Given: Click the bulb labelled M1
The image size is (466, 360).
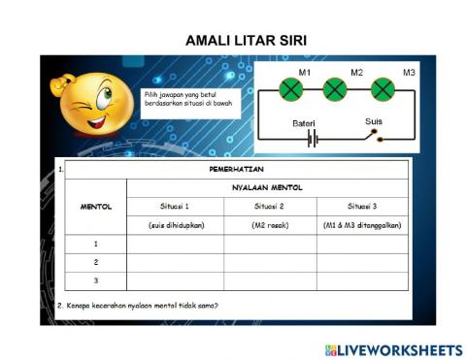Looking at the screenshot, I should click(291, 91).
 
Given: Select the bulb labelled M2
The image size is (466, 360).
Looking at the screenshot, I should click(335, 91).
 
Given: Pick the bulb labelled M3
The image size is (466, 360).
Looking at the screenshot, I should click(382, 91).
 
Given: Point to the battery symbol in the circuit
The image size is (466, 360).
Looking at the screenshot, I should click(313, 138).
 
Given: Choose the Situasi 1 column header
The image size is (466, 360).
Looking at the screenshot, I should click(175, 206).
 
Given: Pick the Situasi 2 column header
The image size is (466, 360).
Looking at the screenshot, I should click(269, 206).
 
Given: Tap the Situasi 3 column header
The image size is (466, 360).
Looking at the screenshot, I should click(362, 206).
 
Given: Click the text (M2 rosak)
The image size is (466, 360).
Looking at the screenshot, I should click(269, 225).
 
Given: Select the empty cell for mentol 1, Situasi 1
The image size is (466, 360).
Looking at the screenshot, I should click(175, 244).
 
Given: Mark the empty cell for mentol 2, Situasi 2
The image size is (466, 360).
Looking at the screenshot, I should click(269, 262).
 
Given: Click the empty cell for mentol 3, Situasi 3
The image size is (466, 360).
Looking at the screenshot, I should click(362, 280).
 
